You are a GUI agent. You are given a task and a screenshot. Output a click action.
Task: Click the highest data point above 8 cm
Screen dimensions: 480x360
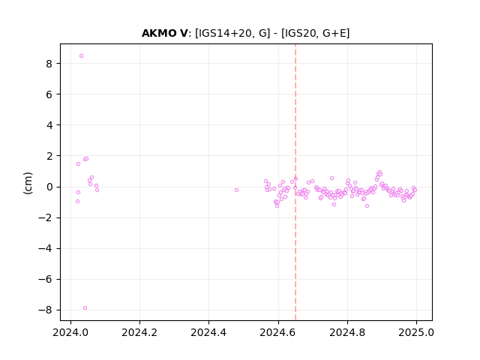point(82,56)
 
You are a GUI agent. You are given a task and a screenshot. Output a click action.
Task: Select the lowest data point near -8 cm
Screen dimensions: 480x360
point(85,308)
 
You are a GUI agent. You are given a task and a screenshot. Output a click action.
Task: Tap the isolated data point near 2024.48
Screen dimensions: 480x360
point(237,190)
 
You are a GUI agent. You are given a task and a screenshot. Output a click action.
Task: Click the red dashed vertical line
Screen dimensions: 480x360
point(295,182)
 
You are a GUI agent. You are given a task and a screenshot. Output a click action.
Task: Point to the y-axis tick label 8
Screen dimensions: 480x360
point(49,64)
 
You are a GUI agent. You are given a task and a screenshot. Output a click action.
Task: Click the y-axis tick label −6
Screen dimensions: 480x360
point(45,280)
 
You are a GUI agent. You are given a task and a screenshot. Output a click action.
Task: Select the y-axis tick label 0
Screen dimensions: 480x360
point(49,187)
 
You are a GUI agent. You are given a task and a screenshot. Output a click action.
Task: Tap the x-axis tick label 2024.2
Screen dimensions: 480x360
point(139,332)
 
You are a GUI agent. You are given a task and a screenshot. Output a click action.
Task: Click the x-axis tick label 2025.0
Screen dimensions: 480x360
point(416,332)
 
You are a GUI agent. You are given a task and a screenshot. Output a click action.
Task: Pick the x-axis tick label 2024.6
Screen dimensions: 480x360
point(278,332)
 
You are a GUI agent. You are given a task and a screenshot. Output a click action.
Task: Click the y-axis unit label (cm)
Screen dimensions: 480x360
point(28,183)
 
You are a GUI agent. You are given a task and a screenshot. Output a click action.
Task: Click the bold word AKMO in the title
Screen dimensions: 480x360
point(160,33)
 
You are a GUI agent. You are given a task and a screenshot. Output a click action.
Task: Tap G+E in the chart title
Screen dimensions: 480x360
point(334,33)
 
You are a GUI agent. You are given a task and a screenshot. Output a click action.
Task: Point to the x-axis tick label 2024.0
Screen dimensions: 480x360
point(70,332)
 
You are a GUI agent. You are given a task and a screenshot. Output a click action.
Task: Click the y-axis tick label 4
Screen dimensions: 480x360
point(49,125)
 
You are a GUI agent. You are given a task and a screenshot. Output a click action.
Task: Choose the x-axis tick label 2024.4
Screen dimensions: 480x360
point(208,332)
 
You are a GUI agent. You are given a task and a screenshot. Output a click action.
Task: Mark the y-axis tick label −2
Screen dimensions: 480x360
point(45,218)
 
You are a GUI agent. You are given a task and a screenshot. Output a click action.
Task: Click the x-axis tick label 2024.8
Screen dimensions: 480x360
point(347,332)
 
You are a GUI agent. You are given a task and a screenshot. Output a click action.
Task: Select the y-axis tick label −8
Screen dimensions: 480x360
point(45,310)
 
